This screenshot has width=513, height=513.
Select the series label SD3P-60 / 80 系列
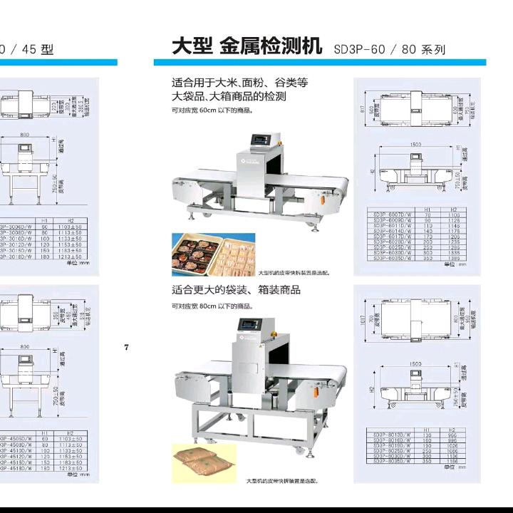389,50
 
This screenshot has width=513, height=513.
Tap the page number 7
127,347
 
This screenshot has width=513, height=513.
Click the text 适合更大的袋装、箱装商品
236,290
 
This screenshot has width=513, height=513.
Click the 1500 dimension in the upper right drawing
415,145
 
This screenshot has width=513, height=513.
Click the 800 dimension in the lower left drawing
25,347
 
